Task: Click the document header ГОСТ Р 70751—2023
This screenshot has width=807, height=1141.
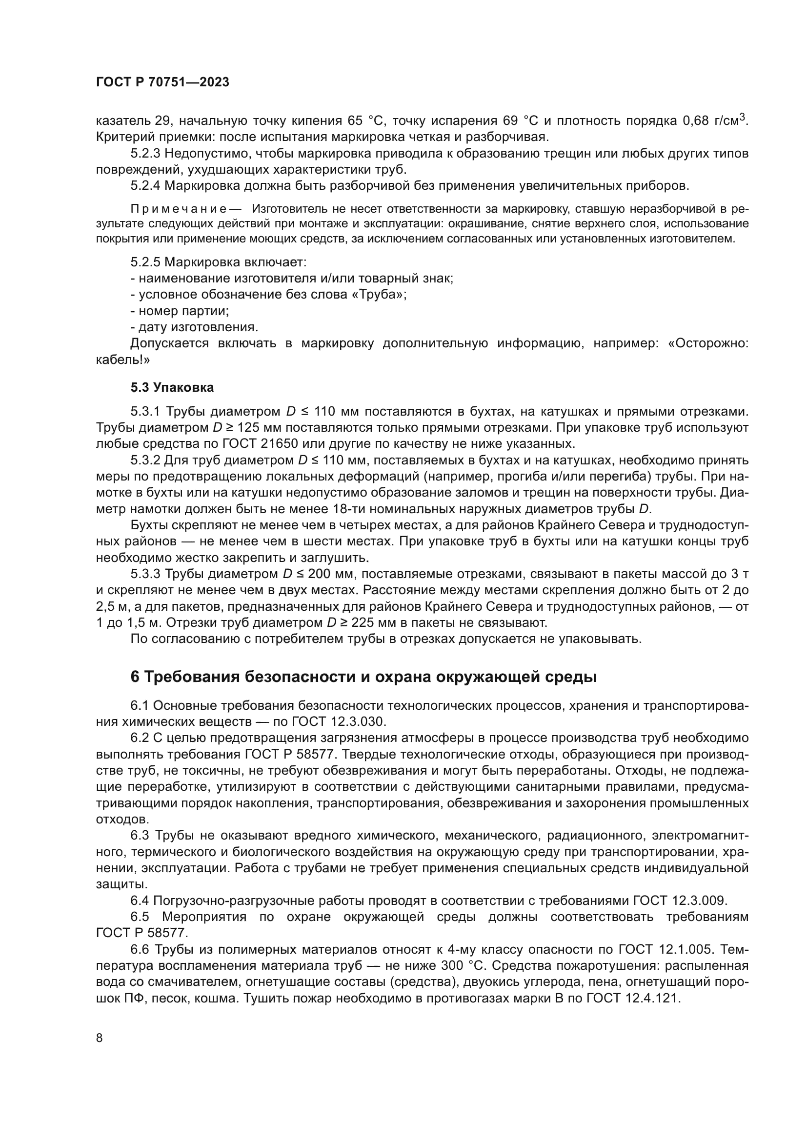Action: [x=162, y=82]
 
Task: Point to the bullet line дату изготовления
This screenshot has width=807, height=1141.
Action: [x=194, y=327]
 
